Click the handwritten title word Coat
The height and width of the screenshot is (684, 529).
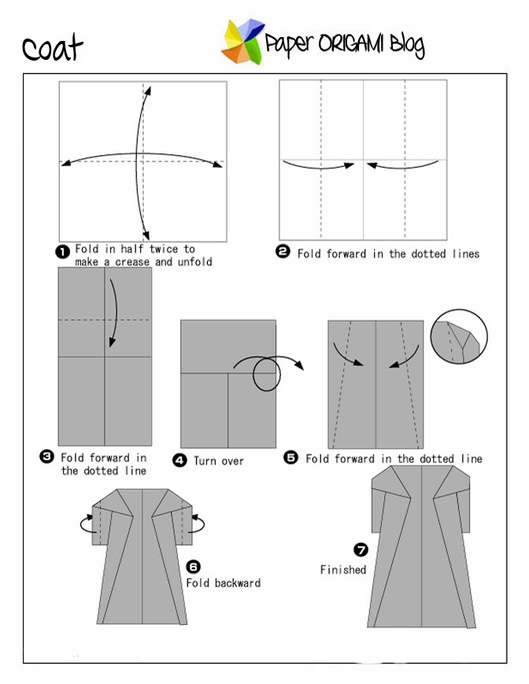pyautogui.click(x=52, y=48)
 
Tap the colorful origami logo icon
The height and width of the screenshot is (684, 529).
pyautogui.click(x=242, y=43)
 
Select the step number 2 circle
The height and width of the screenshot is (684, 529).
pyautogui.click(x=283, y=253)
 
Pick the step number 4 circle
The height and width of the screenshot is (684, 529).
pyautogui.click(x=180, y=460)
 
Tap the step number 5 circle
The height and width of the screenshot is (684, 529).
pyautogui.click(x=291, y=457)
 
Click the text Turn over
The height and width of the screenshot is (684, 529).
pyautogui.click(x=219, y=461)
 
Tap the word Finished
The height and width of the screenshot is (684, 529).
pyautogui.click(x=342, y=569)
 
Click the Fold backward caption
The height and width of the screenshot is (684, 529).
pyautogui.click(x=223, y=583)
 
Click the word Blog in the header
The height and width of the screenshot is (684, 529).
pyautogui.click(x=405, y=46)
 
